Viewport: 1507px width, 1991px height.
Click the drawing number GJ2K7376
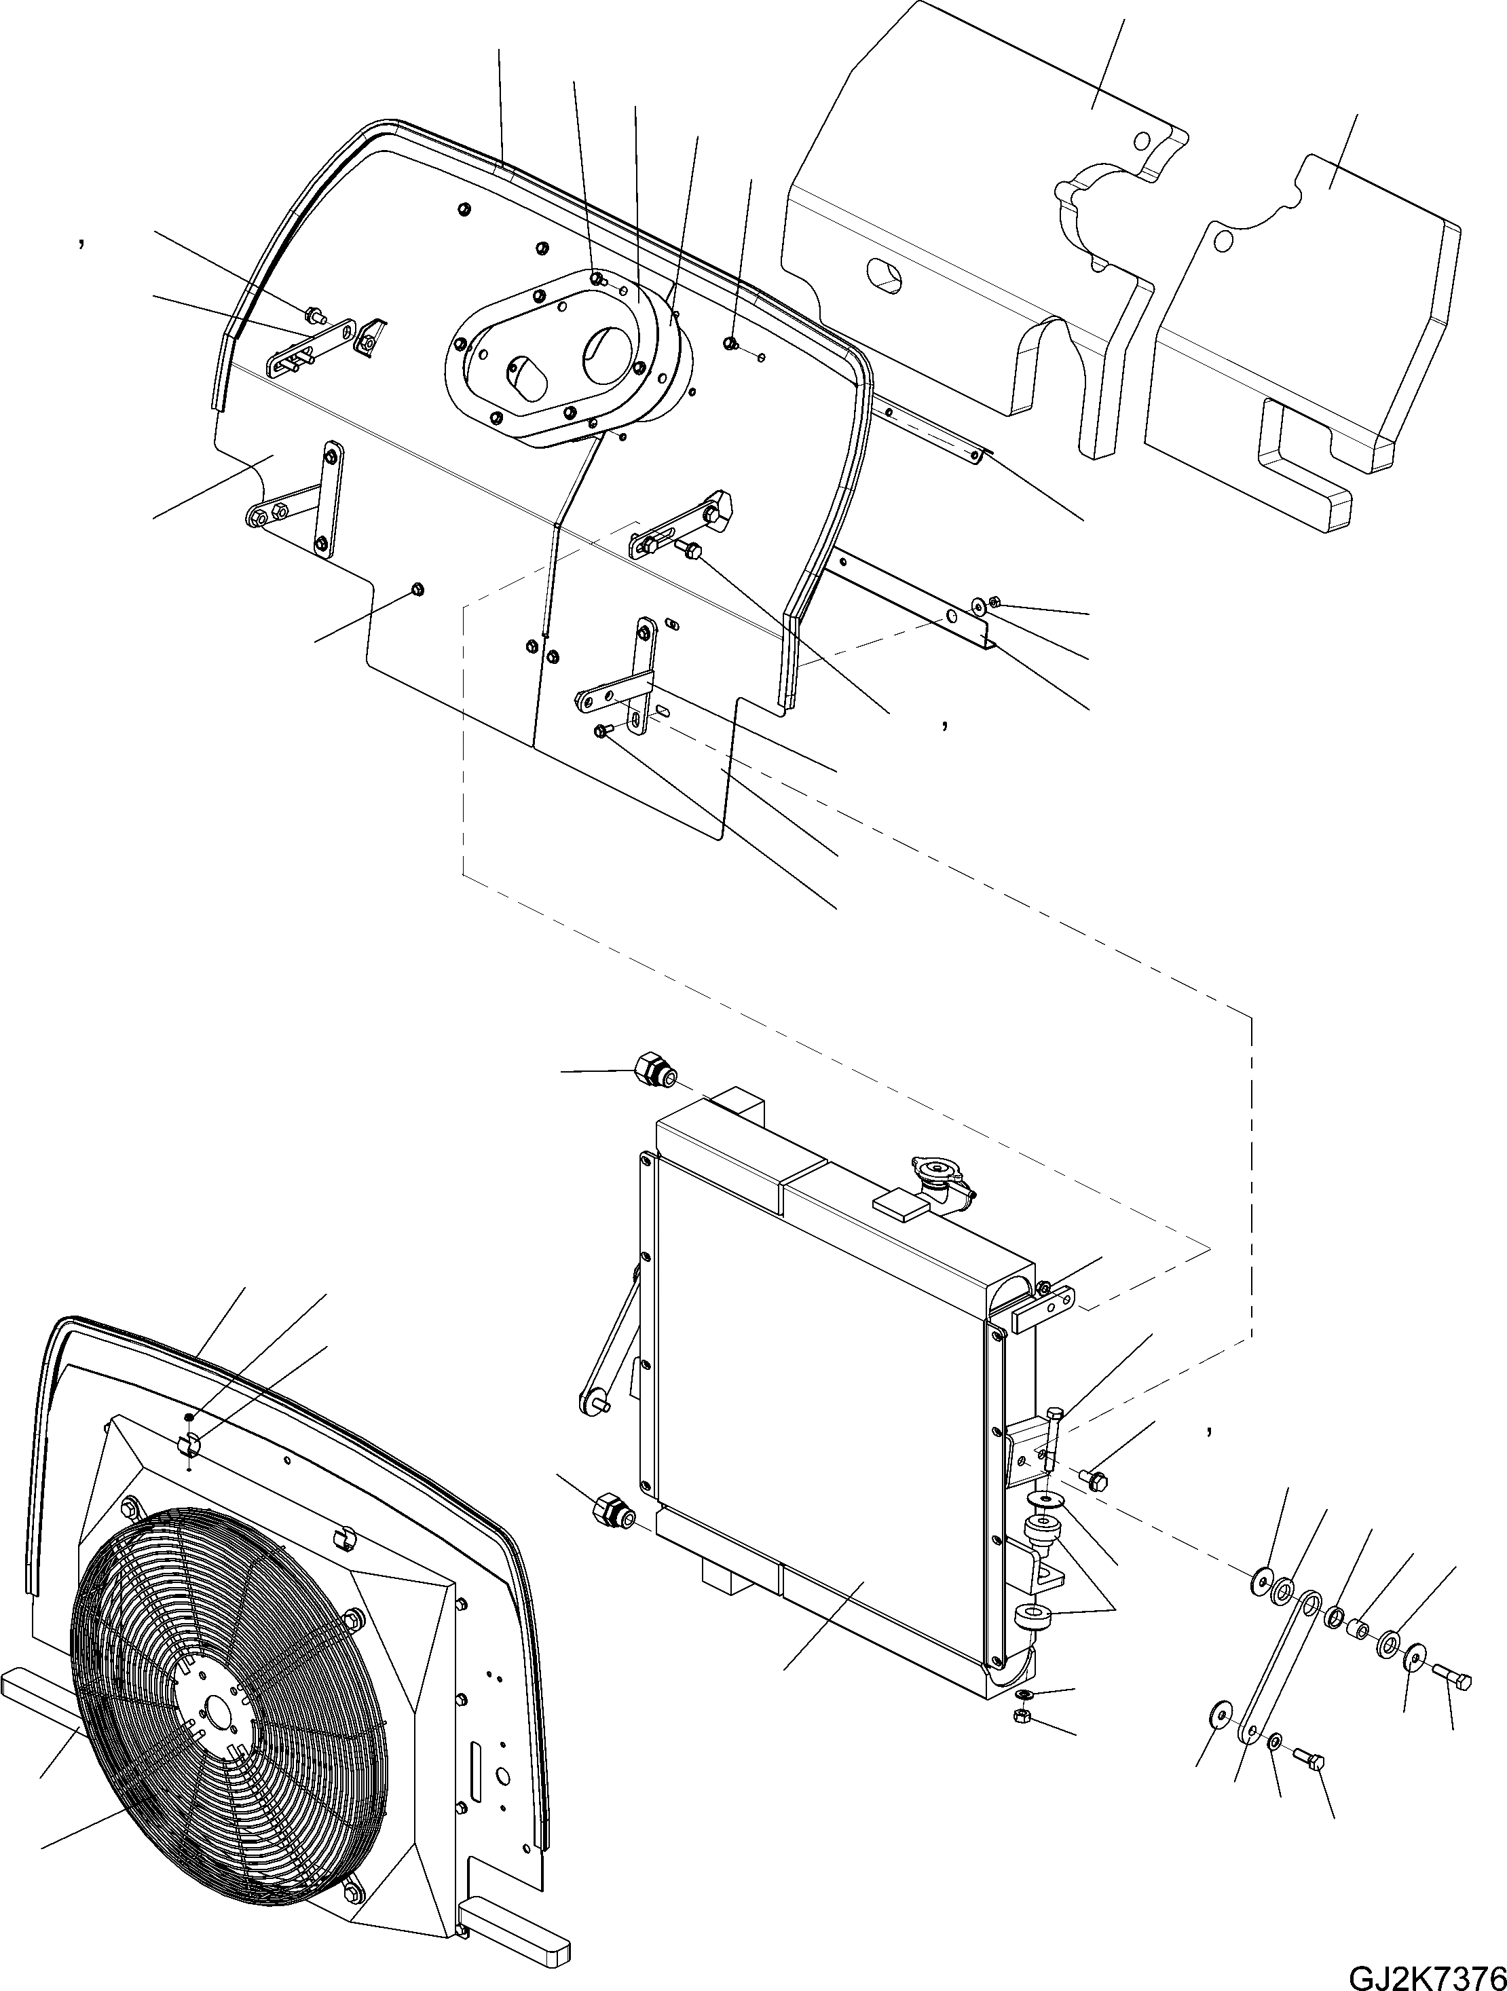click(x=1426, y=1975)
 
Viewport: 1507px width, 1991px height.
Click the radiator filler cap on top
click(x=940, y=1170)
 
